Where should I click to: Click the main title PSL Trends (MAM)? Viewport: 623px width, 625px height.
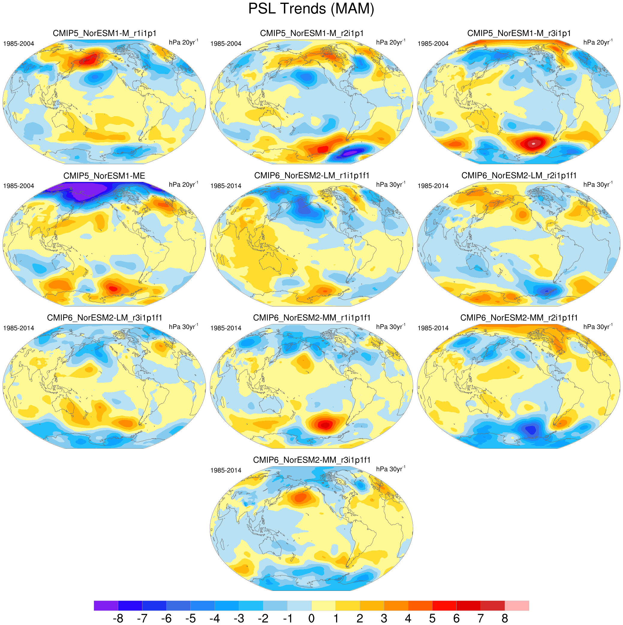311,9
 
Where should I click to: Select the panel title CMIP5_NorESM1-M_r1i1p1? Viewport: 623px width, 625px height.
104,33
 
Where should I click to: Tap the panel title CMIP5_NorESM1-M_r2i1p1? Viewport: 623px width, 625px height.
312,33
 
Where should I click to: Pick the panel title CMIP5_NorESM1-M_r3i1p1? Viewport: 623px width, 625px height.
519,33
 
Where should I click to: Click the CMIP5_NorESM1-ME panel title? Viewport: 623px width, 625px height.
104,176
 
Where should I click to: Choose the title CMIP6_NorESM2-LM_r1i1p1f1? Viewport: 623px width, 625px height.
312,176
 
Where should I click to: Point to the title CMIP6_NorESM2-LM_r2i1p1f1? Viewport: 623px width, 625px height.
519,176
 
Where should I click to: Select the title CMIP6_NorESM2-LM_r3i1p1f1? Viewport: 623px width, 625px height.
104,318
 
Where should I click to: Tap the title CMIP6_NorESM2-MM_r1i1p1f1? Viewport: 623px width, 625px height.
312,318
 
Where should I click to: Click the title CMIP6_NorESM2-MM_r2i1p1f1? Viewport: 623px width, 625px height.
519,318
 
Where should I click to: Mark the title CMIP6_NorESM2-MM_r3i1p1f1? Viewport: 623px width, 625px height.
312,460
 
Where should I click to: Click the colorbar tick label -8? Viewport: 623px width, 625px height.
118,618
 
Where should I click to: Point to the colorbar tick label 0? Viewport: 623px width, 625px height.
311,618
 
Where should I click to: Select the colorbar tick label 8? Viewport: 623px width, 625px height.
505,618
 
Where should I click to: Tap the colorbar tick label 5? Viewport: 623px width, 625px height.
432,618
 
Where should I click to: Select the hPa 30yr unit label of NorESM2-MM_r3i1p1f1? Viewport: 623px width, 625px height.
391,469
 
